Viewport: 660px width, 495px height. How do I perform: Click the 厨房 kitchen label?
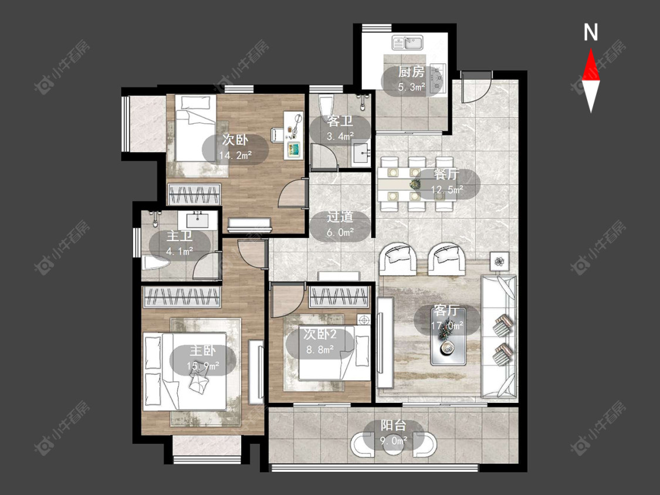[411, 72]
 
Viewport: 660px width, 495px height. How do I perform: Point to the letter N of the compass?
[591, 32]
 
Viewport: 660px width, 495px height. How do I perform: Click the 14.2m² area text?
[235, 155]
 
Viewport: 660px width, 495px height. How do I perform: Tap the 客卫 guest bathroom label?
[340, 121]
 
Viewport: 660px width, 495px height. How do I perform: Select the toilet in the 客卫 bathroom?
[326, 105]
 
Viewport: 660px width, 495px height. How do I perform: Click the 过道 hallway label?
[340, 217]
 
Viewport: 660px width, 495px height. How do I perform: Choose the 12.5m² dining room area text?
[447, 190]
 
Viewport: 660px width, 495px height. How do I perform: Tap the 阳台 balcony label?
[393, 426]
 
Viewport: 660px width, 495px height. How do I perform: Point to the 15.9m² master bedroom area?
[203, 367]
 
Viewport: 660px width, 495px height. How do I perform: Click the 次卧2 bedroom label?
[320, 334]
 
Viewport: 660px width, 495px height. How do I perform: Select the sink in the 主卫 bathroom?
[197, 220]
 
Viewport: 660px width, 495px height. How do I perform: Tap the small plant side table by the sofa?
[500, 262]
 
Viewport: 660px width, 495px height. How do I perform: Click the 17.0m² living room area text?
[447, 326]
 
